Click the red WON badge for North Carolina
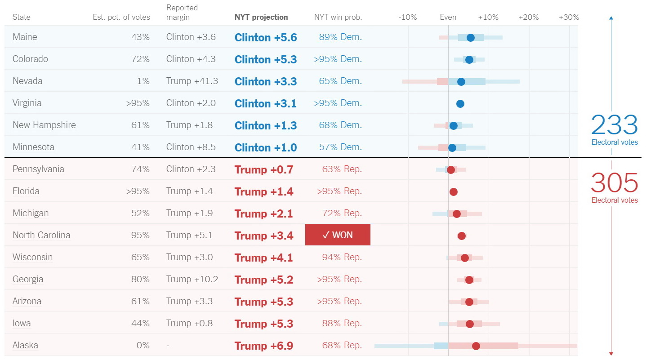click(338, 235)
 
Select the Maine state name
click(25, 37)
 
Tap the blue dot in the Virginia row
click(460, 104)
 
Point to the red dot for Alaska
click(476, 346)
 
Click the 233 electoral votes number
click(614, 125)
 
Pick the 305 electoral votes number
click(614, 183)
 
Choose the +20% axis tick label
click(528, 18)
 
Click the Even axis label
click(448, 18)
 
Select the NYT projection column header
click(261, 18)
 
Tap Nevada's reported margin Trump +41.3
click(192, 81)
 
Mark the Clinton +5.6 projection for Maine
click(266, 37)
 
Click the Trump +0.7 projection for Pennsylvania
click(264, 169)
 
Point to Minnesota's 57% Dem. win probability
click(340, 147)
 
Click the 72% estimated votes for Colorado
click(140, 59)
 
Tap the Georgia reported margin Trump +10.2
click(192, 279)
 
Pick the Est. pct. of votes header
click(121, 18)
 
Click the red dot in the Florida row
click(453, 192)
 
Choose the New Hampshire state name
click(44, 125)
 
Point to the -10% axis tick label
click(407, 18)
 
